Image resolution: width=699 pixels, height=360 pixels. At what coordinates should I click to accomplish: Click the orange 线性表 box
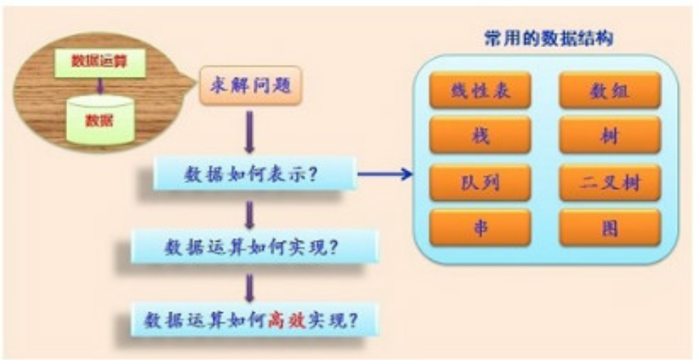coord(480,91)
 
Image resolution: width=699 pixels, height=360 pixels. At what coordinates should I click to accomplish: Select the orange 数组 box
coord(610,91)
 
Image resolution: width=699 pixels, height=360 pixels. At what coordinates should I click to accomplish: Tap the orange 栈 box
coord(480,136)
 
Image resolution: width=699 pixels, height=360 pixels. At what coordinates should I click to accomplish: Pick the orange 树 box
coord(610,136)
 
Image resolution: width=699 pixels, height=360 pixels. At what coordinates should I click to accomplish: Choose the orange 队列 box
coord(480,182)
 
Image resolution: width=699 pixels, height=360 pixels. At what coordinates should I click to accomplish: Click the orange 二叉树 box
coord(610,182)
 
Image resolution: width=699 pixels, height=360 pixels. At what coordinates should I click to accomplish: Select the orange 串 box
coord(480,229)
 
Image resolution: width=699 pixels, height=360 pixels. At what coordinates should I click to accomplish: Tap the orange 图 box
coord(610,229)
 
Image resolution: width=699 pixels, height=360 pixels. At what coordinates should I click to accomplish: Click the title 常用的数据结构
coord(549,38)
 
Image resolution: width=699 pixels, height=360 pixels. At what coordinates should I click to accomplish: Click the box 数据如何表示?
coord(255,174)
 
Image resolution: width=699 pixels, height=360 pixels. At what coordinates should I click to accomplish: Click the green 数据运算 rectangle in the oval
coord(100,62)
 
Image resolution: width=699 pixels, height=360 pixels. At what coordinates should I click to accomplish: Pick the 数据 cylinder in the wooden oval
coord(101,118)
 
